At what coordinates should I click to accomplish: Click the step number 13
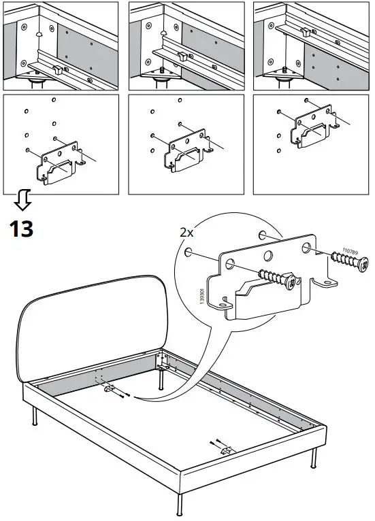(21, 228)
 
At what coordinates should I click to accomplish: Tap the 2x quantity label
(186, 232)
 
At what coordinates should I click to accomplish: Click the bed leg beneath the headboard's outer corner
(35, 416)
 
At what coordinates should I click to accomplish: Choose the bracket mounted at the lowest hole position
(61, 165)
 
